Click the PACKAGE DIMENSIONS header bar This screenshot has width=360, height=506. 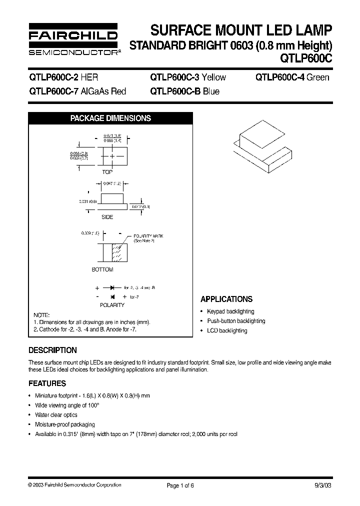click(110, 118)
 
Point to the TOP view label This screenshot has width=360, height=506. click(107, 172)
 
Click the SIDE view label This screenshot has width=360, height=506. click(107, 217)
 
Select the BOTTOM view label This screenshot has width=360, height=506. click(102, 270)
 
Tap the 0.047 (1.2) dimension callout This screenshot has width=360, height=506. click(113, 184)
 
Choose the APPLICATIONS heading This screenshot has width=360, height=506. click(226, 299)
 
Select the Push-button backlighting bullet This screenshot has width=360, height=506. click(236, 321)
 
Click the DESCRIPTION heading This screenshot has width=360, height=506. click(52, 350)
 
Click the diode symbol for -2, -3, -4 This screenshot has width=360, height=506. click(113, 288)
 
